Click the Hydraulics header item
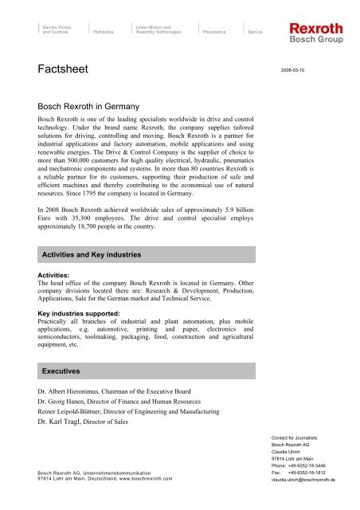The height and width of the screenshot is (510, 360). pyautogui.click(x=104, y=33)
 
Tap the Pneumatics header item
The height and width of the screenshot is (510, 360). pyautogui.click(x=215, y=33)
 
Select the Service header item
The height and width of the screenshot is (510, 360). pyautogui.click(x=256, y=33)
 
